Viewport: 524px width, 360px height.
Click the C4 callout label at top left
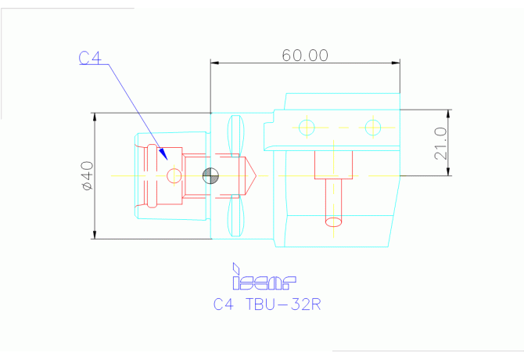[x=91, y=58]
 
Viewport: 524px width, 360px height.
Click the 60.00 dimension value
[x=305, y=55]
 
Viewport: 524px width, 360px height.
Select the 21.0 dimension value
[x=440, y=143]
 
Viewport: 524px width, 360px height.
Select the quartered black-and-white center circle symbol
[x=210, y=176]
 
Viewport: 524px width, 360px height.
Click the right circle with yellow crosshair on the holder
[x=373, y=127]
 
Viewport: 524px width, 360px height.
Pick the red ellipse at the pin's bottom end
[x=334, y=221]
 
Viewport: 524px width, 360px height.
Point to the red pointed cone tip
[x=252, y=176]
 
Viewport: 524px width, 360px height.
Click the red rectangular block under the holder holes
[x=333, y=165]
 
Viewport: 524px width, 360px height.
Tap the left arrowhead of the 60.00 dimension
[x=216, y=63]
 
